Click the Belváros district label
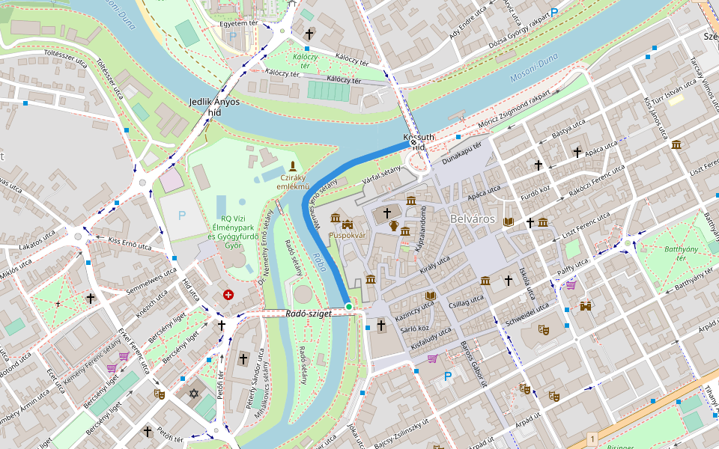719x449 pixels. click(473, 219)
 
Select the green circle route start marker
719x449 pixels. click(349, 306)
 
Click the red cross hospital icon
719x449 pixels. click(228, 296)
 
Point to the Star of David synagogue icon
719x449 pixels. click(194, 393)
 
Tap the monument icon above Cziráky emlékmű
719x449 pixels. click(292, 165)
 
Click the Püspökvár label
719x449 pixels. click(347, 235)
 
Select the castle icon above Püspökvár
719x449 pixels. click(347, 224)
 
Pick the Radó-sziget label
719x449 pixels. click(308, 313)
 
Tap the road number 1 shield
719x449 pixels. click(592, 439)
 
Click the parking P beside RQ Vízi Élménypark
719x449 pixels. click(181, 216)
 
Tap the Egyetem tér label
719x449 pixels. click(238, 23)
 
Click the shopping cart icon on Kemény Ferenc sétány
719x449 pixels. click(112, 367)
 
